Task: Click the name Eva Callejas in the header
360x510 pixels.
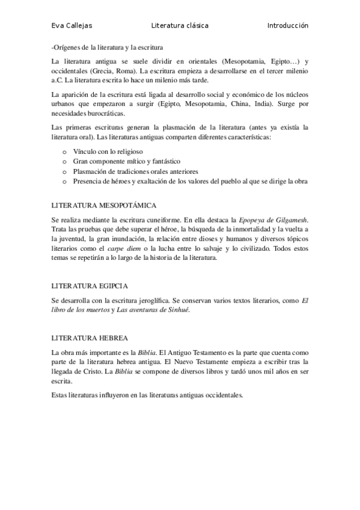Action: pyautogui.click(x=72, y=26)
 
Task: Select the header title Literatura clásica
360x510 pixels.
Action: pyautogui.click(x=180, y=26)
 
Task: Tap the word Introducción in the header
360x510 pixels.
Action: pyautogui.click(x=288, y=26)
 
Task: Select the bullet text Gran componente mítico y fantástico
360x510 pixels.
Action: pyautogui.click(x=126, y=162)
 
